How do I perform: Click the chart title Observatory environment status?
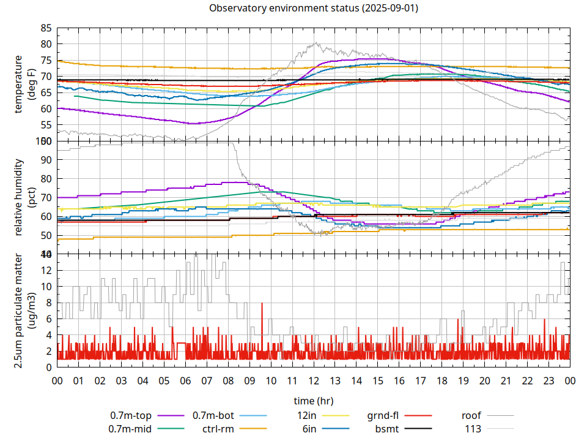click(313, 9)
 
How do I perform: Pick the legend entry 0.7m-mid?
click(130, 429)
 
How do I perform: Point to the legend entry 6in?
click(309, 429)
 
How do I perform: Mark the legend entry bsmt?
click(387, 429)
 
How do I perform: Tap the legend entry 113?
click(473, 429)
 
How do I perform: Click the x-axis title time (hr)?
click(313, 401)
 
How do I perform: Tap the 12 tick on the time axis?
click(313, 380)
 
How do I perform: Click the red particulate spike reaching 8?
click(262, 304)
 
